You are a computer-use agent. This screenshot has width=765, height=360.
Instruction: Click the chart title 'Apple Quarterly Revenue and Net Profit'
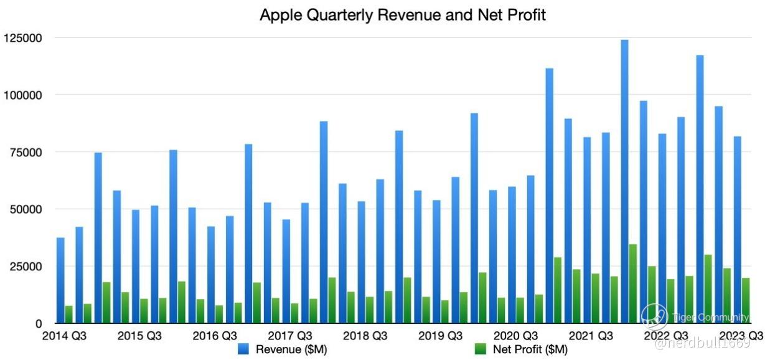(403, 15)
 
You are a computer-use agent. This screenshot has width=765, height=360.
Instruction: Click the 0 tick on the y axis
(38, 324)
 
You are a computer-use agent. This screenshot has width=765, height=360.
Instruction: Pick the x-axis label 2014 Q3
(64, 336)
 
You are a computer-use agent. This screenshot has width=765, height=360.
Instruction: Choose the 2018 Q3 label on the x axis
(365, 336)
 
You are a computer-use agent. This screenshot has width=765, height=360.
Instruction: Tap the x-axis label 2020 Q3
(515, 336)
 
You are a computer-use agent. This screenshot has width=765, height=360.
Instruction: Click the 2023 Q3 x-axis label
(741, 336)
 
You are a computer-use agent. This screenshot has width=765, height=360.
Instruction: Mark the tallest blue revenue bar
(624, 181)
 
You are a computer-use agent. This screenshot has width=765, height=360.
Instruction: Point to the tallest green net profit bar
(632, 284)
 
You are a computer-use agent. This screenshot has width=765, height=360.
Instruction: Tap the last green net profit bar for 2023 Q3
(745, 301)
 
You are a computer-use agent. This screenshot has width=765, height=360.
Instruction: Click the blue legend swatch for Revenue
(244, 349)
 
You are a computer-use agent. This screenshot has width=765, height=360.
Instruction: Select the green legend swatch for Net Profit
(481, 349)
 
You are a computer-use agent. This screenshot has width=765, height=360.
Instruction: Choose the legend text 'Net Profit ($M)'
(530, 349)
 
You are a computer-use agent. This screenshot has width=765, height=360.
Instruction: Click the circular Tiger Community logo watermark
(654, 317)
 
